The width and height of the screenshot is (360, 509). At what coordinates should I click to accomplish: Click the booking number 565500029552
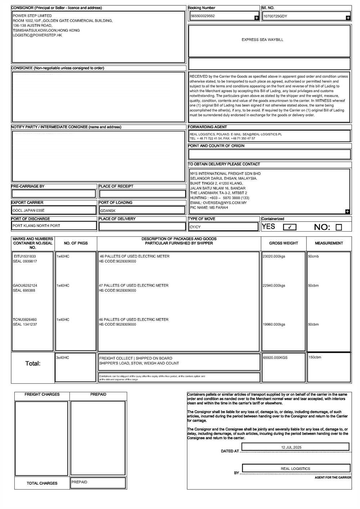pos(203,16)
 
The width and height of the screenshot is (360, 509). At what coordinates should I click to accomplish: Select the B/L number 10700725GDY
pos(275,17)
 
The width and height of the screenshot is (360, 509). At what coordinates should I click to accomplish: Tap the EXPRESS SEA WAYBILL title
pos(262,40)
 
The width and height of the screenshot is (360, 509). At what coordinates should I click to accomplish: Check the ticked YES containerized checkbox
pos(289,227)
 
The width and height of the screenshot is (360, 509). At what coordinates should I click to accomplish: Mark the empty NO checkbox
pos(338,227)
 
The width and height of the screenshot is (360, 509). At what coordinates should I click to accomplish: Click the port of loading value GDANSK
pos(108,211)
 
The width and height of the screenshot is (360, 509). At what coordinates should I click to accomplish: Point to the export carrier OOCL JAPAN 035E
pos(29,210)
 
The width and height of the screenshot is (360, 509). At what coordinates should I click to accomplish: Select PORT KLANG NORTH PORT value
pos(36,226)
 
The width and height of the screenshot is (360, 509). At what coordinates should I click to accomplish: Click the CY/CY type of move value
pos(195,227)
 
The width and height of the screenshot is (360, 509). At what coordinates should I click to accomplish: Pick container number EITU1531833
pos(25,256)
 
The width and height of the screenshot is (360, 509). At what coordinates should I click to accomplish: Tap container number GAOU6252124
pos(25,286)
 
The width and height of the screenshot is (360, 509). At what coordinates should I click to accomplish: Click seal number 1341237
pos(30,325)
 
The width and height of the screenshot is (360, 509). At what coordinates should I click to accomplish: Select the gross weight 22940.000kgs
pos(274,286)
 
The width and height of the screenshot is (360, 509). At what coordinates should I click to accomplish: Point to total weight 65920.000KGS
pos(275,358)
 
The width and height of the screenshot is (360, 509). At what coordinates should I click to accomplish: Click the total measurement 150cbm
pos(315,357)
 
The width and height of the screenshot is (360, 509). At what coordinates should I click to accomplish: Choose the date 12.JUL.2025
pos(291,447)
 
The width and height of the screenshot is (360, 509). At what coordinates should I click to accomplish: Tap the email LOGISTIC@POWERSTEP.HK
pos(37,36)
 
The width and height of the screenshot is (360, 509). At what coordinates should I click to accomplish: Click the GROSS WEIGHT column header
pos(283,244)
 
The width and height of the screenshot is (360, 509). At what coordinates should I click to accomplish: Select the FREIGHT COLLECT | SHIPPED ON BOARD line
pos(136,358)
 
